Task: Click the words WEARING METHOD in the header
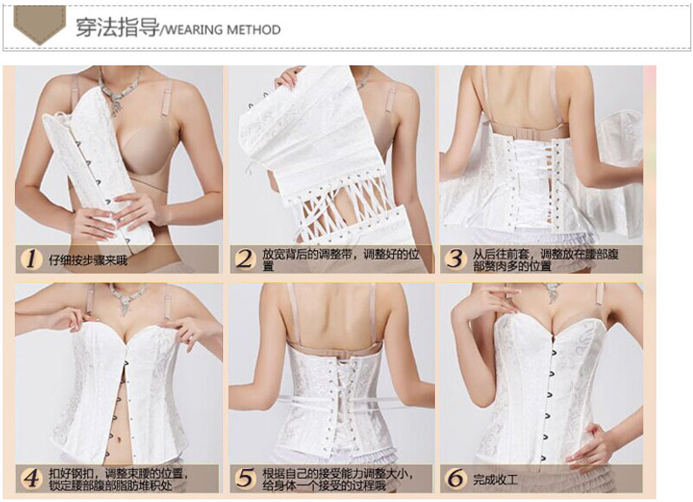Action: coord(223,30)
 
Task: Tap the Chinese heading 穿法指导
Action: coord(117,27)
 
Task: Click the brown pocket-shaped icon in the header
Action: coord(40,24)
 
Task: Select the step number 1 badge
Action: coord(31,259)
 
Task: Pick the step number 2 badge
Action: coord(245,259)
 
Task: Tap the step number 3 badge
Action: coord(456,259)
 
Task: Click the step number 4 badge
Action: coord(31,478)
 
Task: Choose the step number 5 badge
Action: coord(245,478)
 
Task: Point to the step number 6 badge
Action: coord(456,478)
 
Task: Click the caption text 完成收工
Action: coord(495,479)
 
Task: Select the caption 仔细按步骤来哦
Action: coord(88,261)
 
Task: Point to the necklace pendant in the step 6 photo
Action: coord(553,293)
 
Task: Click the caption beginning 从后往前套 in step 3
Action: coord(546,260)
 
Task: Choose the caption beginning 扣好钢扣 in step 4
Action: coord(118,479)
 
